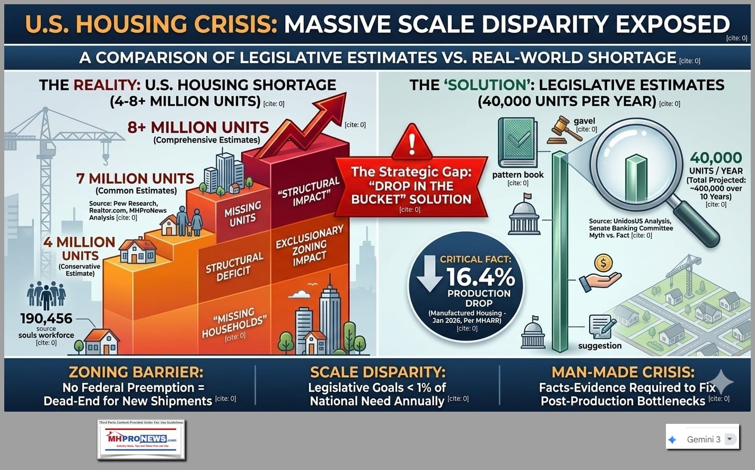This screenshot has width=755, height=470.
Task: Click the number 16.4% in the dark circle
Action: click(480, 277)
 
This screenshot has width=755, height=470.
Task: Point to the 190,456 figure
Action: click(46, 318)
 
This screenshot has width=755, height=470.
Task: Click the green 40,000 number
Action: click(716, 158)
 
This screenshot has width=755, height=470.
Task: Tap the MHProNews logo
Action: click(141, 439)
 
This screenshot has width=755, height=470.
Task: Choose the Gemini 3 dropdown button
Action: click(730, 439)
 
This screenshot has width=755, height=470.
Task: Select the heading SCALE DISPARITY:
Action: click(377, 372)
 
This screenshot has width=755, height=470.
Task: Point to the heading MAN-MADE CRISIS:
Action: click(623, 372)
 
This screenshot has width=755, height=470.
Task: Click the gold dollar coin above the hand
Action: click(603, 263)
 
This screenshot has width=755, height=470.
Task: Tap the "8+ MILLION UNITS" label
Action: click(198, 127)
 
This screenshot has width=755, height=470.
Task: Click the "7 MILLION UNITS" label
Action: click(135, 178)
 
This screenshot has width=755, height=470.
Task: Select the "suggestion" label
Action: click(600, 346)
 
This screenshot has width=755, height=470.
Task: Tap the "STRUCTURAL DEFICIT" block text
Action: click(234, 266)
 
